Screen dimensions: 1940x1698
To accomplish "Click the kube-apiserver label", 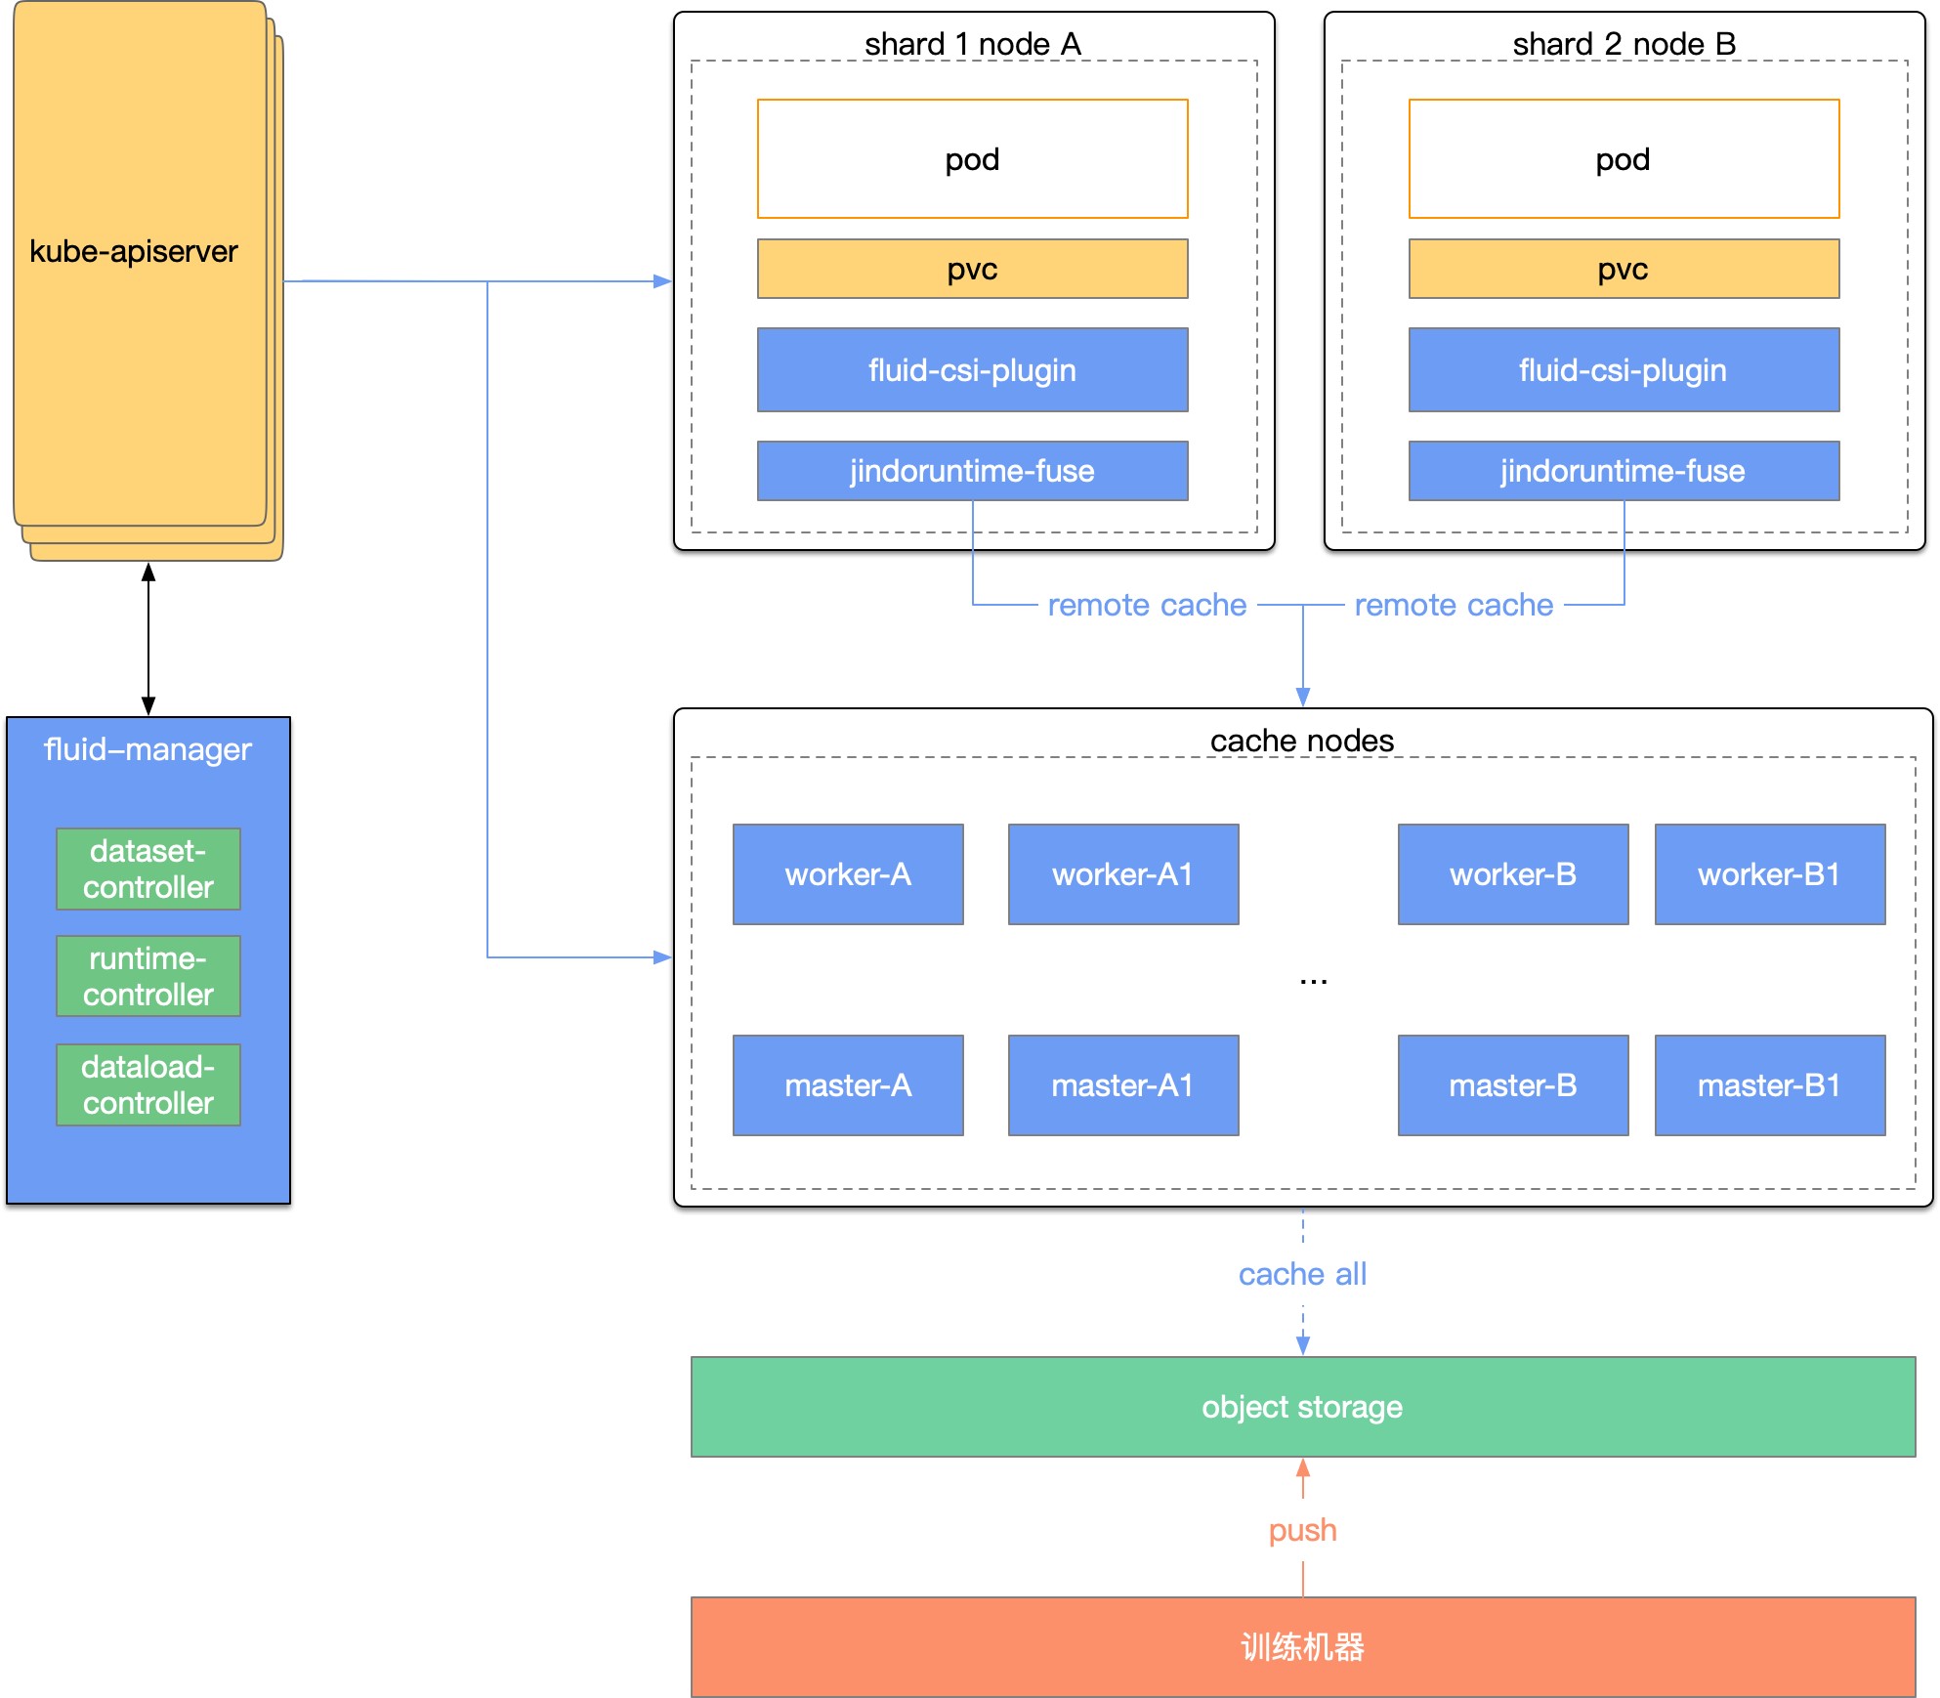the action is [134, 251].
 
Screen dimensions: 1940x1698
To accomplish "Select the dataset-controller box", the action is [148, 869].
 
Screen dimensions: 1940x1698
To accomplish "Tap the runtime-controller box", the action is [148, 976].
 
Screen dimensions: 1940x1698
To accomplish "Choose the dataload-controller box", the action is [148, 1084].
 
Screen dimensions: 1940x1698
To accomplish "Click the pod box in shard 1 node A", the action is [973, 158].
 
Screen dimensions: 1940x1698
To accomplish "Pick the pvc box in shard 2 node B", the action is [1624, 269].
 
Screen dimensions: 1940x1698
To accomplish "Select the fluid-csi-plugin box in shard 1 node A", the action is [973, 369].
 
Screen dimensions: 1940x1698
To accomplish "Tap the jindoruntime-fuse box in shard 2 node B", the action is [1624, 471].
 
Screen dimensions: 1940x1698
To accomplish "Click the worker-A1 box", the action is [1123, 874].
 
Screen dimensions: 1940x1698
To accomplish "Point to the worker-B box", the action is [1513, 874].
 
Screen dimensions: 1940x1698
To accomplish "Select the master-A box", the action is [848, 1085].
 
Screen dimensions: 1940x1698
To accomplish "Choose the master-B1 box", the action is [1770, 1085].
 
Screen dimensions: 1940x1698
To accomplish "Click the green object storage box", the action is [1303, 1407].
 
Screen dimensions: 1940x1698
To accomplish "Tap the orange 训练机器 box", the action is [1303, 1647].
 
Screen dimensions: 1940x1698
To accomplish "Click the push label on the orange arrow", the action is [1303, 1530].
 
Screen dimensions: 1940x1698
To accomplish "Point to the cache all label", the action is [1303, 1274].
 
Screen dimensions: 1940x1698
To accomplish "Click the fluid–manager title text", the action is [148, 749].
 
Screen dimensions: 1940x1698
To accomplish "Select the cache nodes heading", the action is [1302, 741].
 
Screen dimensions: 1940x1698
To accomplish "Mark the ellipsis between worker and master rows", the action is [1314, 981].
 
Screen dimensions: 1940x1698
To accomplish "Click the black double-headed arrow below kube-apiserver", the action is [148, 639].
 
